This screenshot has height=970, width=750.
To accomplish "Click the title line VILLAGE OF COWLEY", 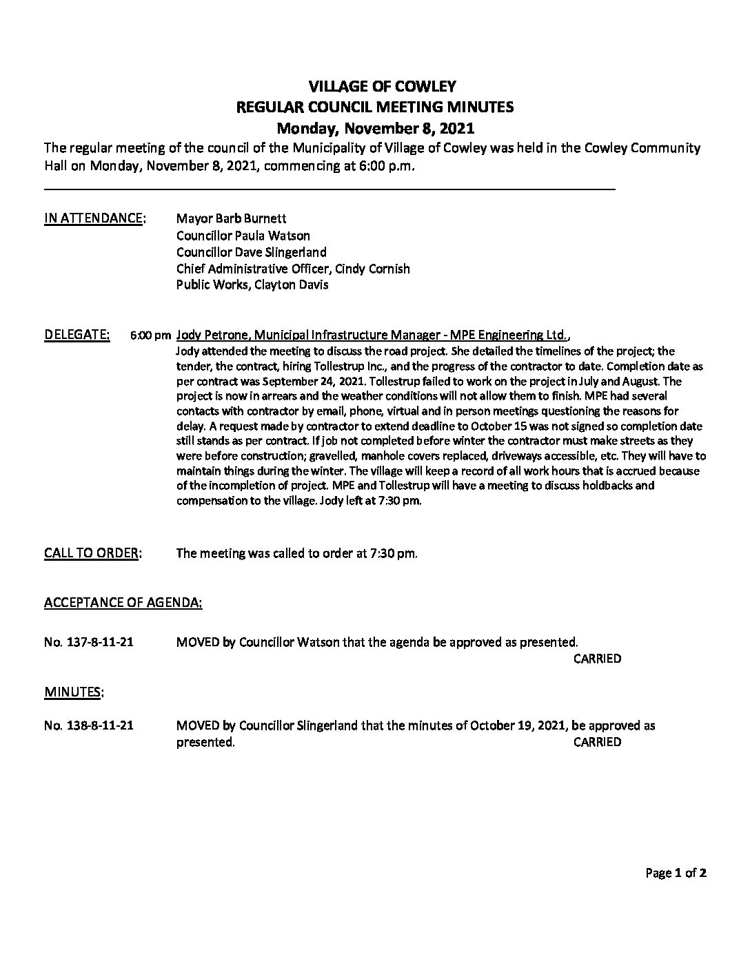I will (375, 86).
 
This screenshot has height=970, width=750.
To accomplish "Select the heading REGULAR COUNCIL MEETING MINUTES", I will (375, 107).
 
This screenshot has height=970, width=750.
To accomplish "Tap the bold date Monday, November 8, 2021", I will (375, 128).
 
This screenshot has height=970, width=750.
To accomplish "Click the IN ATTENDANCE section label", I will (94, 219).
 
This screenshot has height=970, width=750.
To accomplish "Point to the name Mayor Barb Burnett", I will (226, 219).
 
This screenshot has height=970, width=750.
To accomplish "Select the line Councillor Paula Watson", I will (243, 236).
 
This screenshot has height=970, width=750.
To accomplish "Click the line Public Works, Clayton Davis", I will (252, 285).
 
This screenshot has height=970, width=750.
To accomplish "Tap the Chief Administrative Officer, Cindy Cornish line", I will (293, 269).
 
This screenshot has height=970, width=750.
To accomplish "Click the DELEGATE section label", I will (77, 336).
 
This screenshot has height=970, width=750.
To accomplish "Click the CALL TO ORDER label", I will (92, 553).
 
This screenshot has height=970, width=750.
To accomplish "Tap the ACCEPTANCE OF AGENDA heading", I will (123, 603).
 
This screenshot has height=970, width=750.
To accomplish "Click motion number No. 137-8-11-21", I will (89, 643).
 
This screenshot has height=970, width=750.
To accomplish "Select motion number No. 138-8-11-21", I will (89, 725).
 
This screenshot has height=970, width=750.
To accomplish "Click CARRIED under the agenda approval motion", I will (597, 659).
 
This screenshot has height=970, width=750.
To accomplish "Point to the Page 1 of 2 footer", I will (676, 874).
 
